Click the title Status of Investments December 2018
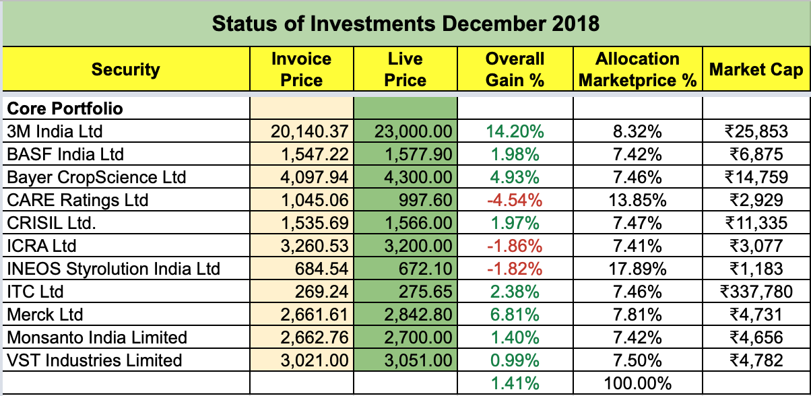[x=406, y=24]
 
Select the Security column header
[x=126, y=69]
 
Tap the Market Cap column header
[x=756, y=69]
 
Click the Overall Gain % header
[x=515, y=69]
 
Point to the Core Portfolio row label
[x=65, y=108]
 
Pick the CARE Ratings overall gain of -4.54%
[x=515, y=200]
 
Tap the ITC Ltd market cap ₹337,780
[x=756, y=292]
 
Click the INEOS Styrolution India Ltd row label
[x=113, y=269]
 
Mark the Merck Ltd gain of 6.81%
[x=515, y=315]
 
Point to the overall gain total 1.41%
[x=515, y=384]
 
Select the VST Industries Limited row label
[x=94, y=360]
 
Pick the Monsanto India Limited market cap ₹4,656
[x=756, y=337]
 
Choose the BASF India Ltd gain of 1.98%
[x=515, y=154]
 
